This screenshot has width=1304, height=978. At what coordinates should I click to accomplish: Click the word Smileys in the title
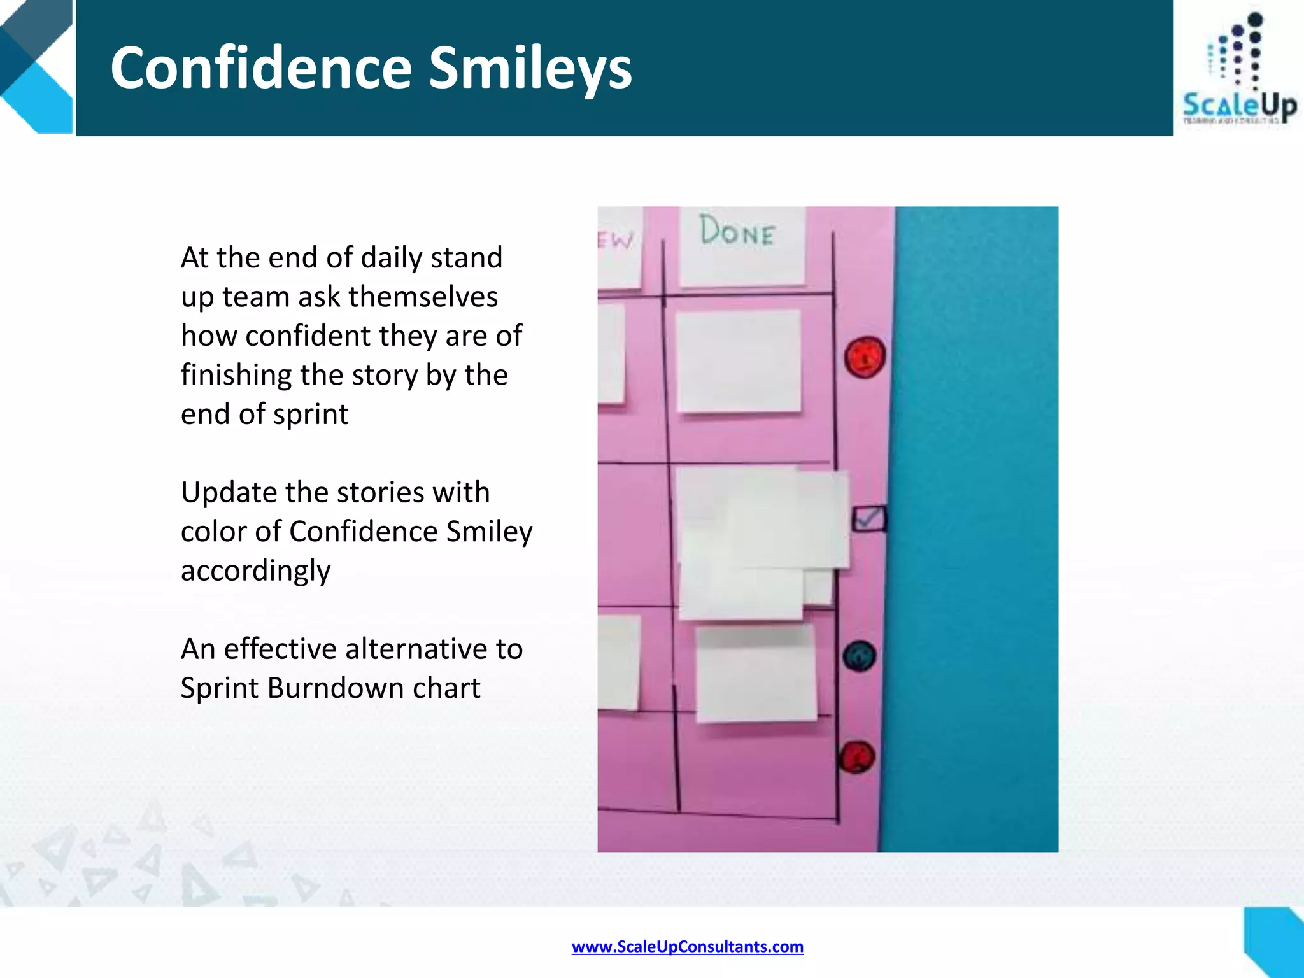point(530,69)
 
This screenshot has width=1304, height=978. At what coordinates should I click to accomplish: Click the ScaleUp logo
point(1239,70)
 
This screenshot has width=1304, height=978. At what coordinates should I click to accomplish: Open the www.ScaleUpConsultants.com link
point(687,947)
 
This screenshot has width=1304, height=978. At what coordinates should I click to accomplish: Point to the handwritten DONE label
point(737,232)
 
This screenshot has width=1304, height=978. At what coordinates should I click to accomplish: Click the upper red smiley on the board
point(865,357)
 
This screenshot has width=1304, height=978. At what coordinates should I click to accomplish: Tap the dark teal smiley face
point(859,656)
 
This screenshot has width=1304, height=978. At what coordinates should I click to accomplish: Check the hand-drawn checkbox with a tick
point(868,518)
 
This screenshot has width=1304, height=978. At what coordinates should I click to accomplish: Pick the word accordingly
point(255,570)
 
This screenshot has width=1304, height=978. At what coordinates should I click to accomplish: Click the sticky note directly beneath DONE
point(738,360)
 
